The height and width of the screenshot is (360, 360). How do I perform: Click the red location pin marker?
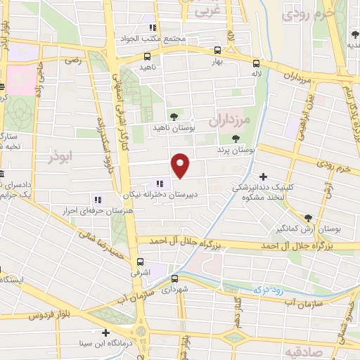coord(181,165)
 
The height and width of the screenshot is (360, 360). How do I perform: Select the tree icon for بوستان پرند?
coord(235,139)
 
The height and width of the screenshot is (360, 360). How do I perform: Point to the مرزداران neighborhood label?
coord(229,120)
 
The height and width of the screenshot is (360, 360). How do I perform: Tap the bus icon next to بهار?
coord(217,51)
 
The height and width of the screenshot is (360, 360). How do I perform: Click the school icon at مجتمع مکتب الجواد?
coord(152,28)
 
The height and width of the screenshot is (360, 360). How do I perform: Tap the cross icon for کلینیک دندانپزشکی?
coord(264,176)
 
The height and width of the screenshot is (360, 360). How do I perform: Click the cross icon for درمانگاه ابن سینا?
coord(105,333)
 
